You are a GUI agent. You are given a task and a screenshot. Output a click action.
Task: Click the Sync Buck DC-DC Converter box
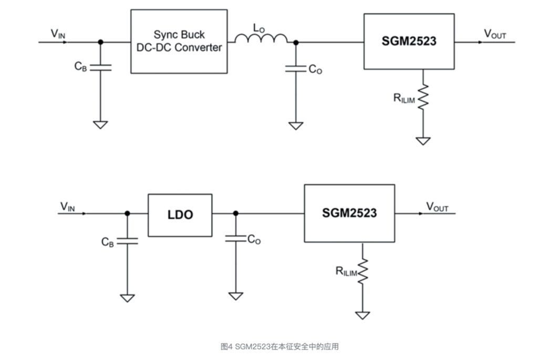coord(179,42)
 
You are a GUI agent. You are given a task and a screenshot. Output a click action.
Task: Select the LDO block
coord(180,214)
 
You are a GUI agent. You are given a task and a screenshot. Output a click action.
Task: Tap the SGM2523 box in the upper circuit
coord(409,42)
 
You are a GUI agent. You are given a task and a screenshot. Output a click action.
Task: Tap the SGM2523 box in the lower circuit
coord(349,213)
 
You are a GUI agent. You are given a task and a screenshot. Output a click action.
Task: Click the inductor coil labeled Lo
coord(261,38)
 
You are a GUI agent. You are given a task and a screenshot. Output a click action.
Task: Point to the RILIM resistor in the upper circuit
coord(423,97)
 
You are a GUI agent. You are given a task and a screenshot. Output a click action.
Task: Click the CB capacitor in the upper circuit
coord(100,67)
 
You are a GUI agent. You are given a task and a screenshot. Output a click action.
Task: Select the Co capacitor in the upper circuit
coord(295,68)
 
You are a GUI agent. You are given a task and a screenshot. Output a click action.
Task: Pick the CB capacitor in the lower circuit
coord(127,241)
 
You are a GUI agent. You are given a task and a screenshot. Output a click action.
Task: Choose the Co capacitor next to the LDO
coord(235,239)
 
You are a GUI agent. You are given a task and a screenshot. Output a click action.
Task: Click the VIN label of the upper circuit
coord(58,34)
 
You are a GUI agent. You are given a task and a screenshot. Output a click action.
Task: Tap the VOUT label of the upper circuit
coord(495,34)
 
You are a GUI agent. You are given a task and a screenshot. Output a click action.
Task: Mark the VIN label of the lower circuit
coord(67,207)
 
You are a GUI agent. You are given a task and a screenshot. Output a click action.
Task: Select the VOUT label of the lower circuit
coord(437,207)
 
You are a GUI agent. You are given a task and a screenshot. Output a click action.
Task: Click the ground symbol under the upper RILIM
coord(423,140)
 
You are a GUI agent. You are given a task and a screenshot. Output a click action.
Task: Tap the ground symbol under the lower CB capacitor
coord(127,297)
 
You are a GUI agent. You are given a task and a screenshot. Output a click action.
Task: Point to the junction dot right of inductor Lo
coord(295,42)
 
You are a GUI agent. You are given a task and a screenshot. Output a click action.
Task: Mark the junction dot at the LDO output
coord(235,213)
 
